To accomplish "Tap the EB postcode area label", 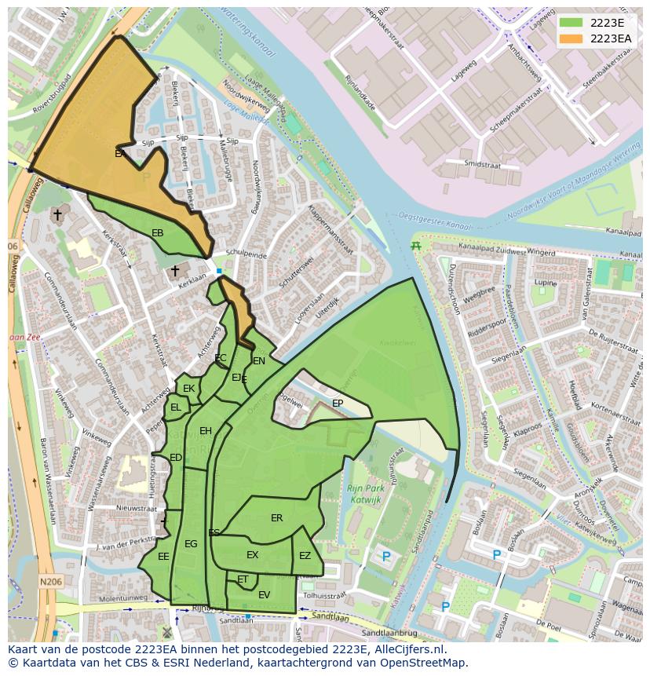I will pos(158,233).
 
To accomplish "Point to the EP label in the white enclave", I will pos(338,404).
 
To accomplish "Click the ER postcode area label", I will pos(276,518).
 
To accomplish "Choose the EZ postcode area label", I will pos(305,556).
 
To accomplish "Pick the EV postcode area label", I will pos(264,595).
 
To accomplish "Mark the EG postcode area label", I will pos(191,544).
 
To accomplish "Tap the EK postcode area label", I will pos(188,389).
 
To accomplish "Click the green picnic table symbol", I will pos(416,247).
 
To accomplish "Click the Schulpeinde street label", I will pos(246,255).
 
